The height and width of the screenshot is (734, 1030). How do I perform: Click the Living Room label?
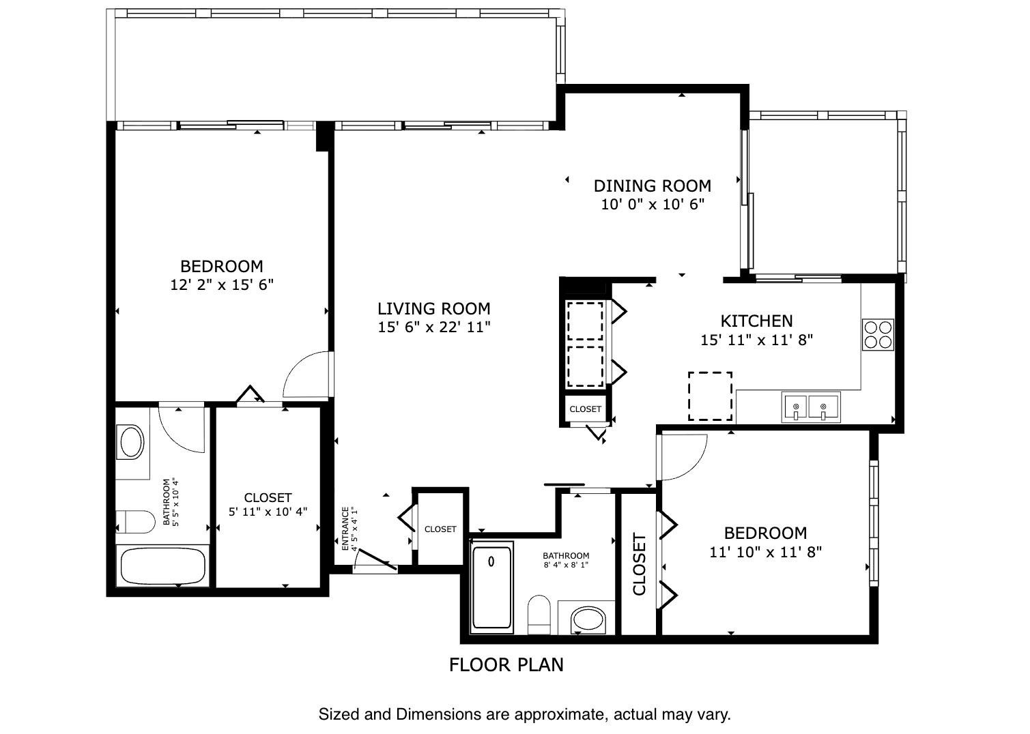pyautogui.click(x=434, y=309)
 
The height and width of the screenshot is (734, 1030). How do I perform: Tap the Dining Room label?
pyautogui.click(x=652, y=186)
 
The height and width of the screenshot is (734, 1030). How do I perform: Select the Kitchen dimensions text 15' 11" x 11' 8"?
pyautogui.click(x=756, y=340)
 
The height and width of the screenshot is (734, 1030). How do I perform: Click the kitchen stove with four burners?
pyautogui.click(x=878, y=334)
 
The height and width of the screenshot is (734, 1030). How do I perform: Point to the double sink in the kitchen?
pyautogui.click(x=810, y=408)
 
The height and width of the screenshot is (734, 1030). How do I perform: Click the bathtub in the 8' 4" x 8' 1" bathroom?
pyautogui.click(x=491, y=586)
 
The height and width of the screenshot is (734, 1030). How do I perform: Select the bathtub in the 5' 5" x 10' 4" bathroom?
pyautogui.click(x=162, y=566)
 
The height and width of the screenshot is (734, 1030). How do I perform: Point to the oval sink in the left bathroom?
pyautogui.click(x=132, y=442)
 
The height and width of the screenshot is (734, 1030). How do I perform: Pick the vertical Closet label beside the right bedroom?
pyautogui.click(x=640, y=565)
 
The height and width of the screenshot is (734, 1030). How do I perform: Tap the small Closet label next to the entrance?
pyautogui.click(x=440, y=529)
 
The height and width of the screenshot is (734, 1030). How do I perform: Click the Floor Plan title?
pyautogui.click(x=506, y=664)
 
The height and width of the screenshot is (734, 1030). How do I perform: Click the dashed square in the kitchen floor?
pyautogui.click(x=710, y=396)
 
